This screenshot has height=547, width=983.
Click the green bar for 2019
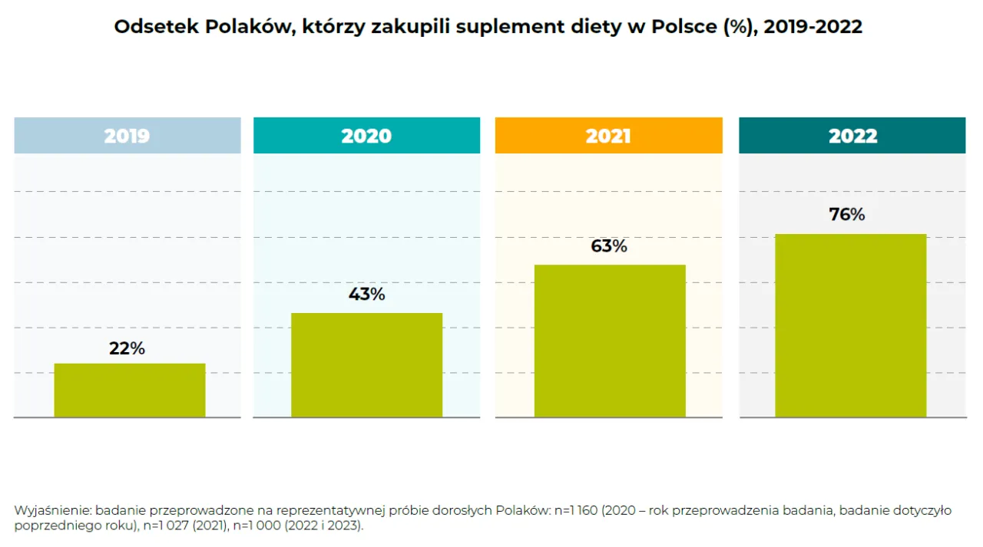(129, 390)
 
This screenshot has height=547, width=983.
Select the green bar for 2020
(366, 365)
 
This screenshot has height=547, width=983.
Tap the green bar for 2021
(610, 341)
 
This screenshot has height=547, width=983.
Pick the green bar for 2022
(850, 325)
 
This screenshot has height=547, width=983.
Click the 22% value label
(127, 348)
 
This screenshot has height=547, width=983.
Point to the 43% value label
(366, 294)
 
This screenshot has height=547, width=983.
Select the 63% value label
(609, 246)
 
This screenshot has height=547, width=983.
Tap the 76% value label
(847, 215)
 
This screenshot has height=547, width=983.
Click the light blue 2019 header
(127, 136)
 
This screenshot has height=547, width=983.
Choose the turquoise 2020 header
(366, 136)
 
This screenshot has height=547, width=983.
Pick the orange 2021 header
(608, 136)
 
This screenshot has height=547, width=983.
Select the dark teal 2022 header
(852, 136)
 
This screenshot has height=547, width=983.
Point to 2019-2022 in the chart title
(813, 27)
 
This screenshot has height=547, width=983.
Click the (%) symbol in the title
(738, 27)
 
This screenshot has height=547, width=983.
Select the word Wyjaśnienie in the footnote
(52, 511)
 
